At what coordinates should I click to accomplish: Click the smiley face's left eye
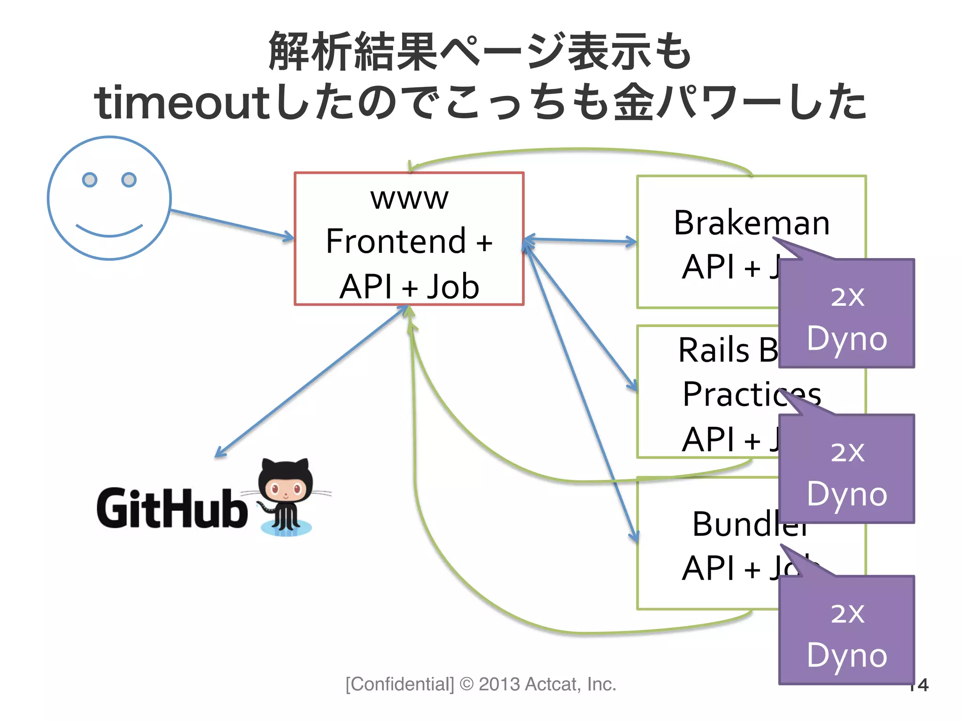click(x=89, y=180)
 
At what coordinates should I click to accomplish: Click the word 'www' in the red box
click(x=409, y=198)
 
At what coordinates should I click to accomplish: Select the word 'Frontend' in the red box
click(x=396, y=241)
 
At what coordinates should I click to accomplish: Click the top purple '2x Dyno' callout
click(x=846, y=314)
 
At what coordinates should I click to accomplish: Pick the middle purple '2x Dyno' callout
click(x=846, y=469)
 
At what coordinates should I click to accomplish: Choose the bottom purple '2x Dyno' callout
click(x=846, y=630)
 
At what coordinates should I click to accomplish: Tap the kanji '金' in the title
click(x=634, y=102)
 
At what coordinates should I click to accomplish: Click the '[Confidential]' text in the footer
click(x=400, y=684)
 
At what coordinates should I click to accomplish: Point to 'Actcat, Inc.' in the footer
click(x=570, y=684)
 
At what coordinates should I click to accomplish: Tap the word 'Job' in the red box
click(x=453, y=286)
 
